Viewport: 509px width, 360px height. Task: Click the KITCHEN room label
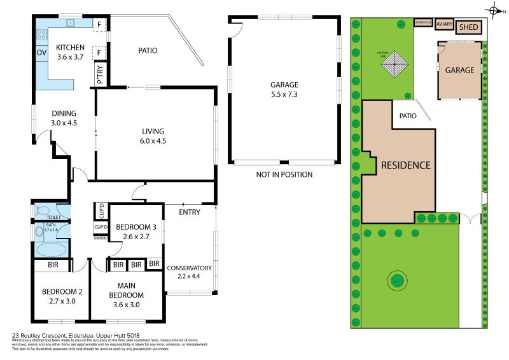click(70, 48)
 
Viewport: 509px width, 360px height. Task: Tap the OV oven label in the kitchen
click(41, 53)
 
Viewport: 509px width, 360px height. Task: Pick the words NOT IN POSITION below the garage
click(284, 174)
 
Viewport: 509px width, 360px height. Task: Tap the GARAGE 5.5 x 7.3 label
click(284, 85)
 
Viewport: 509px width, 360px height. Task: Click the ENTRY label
click(190, 212)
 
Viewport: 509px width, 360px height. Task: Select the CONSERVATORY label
click(189, 268)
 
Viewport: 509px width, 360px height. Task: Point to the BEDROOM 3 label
click(136, 227)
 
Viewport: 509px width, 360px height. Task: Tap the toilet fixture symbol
click(41, 209)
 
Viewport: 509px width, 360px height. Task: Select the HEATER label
click(100, 238)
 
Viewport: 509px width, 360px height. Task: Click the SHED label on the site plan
click(468, 27)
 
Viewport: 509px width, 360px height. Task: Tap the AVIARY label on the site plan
click(444, 25)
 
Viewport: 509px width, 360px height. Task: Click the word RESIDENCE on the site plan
click(405, 165)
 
